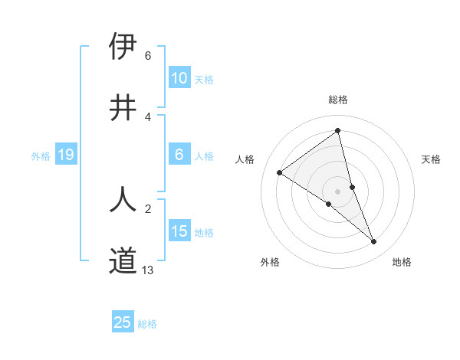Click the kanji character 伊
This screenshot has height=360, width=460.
pos(123,47)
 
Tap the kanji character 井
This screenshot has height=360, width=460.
pos(123,108)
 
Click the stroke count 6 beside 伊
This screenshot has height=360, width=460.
pos(148,56)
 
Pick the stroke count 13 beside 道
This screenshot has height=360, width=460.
pos(148,270)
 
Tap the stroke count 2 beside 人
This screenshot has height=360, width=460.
pos(148,208)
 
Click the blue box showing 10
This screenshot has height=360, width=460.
pos(179,78)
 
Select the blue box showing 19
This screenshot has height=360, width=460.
pos(65,155)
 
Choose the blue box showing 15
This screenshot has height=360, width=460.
pos(179,231)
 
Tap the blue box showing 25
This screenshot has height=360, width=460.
pos(123,322)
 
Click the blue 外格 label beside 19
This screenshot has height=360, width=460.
pos(41,156)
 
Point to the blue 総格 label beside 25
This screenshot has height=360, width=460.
pos(147,324)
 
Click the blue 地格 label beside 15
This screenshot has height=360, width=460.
pos(204,233)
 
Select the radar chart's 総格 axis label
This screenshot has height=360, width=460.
pos(338,100)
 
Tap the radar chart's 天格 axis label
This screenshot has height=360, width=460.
pos(432,159)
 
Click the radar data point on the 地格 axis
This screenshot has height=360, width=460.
pos(374,242)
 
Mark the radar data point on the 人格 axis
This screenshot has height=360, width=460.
pos(279,172)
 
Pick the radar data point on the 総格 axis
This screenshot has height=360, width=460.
pos(338,131)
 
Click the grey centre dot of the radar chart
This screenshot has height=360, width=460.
pos(338,191)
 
